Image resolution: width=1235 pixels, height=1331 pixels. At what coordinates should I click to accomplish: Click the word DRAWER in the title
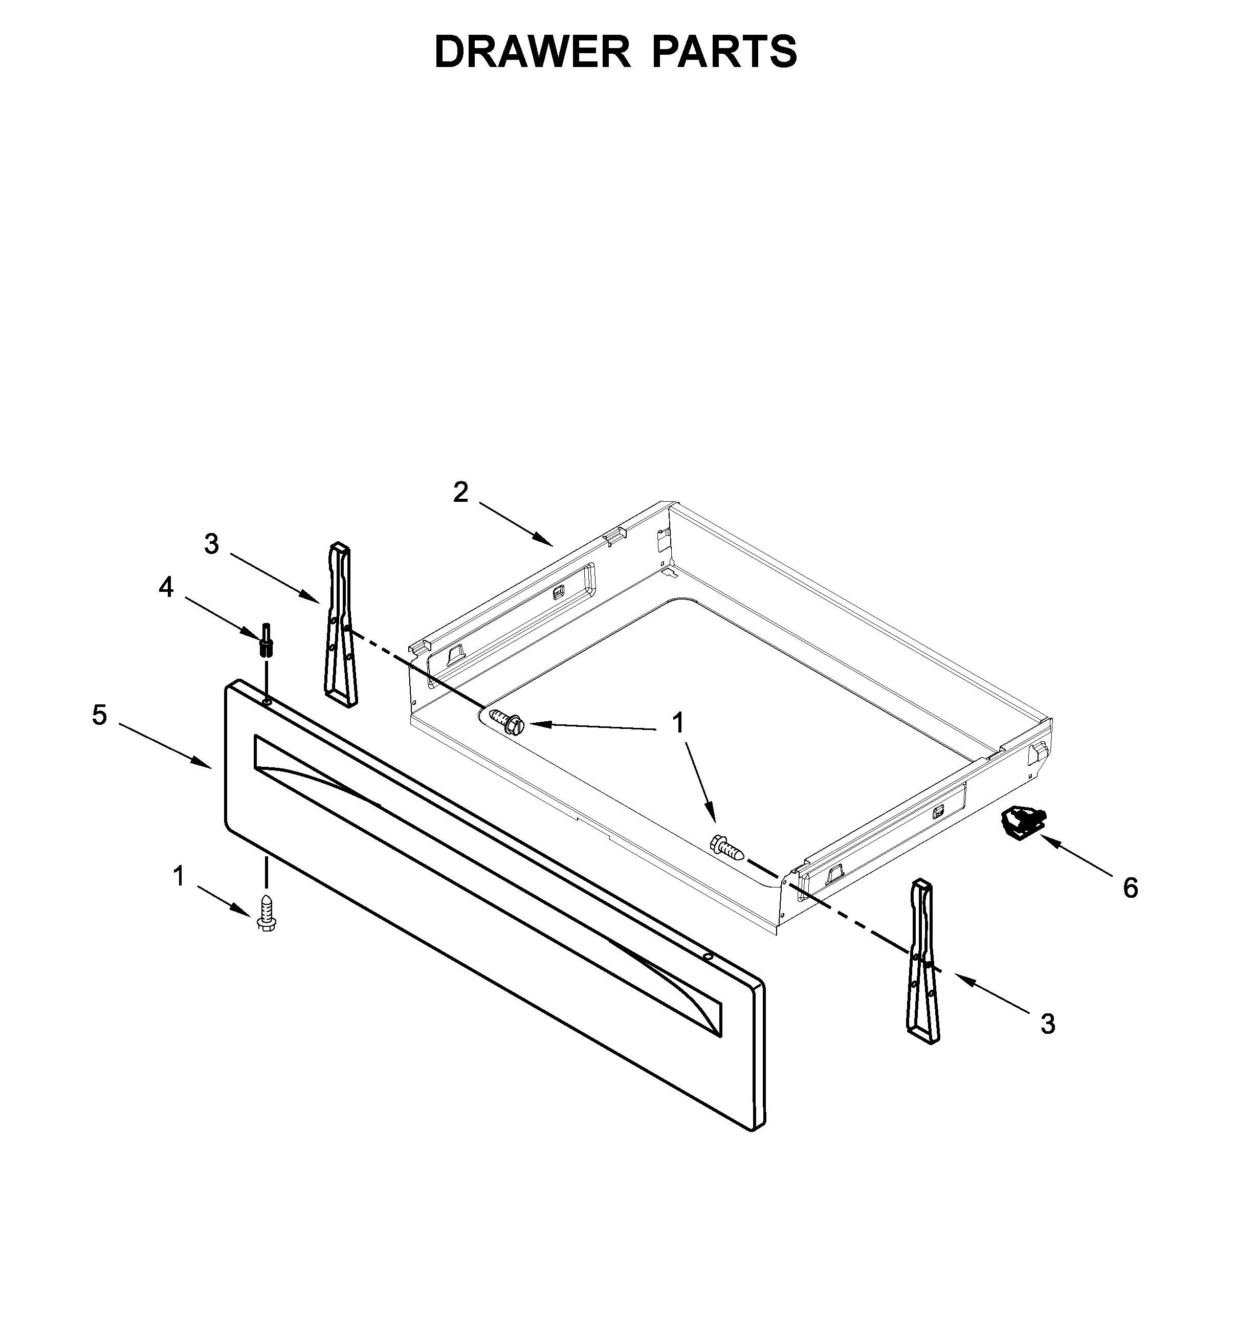(533, 52)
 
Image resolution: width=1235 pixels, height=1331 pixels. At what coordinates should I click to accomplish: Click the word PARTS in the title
(724, 52)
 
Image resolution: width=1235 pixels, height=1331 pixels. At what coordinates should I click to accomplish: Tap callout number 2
(460, 493)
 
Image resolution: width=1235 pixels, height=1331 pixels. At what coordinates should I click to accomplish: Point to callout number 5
(99, 715)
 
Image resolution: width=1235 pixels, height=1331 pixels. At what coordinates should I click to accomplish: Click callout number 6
(1130, 888)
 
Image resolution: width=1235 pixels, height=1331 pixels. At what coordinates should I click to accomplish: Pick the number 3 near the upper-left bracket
(211, 545)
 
